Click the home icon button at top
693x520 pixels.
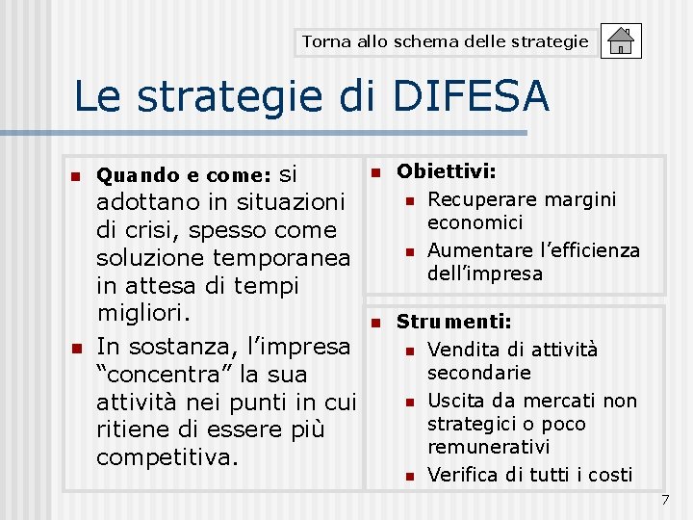coord(621,41)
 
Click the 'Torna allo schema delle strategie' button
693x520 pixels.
coord(446,41)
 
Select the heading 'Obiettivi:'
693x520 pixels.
coord(447,171)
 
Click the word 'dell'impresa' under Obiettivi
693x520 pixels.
coord(485,273)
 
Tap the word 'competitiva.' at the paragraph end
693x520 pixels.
coord(167,456)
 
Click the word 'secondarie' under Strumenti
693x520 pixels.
coord(479,373)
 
